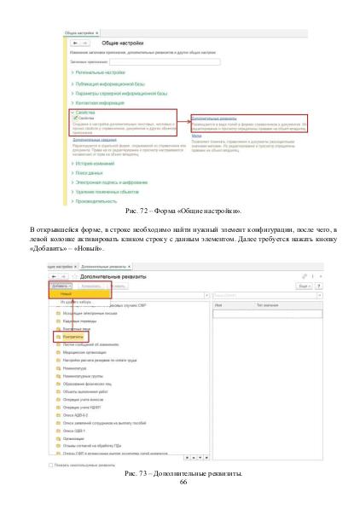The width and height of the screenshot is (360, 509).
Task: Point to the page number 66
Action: point(182,482)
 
